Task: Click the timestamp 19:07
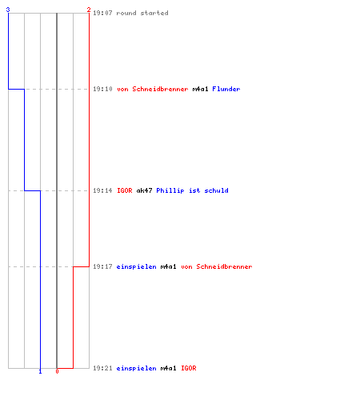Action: coord(102,13)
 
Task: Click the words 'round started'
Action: coord(142,13)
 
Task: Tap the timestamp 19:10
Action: coord(102,89)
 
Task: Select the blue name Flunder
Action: coord(226,89)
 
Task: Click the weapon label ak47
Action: coord(144,190)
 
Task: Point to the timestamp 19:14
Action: coord(102,190)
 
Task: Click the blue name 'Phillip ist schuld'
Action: coord(192,190)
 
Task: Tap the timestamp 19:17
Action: coord(102,266)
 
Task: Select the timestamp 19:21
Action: coord(102,368)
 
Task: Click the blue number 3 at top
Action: coord(8,10)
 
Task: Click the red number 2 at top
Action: coord(89,10)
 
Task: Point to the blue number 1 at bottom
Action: coord(40,371)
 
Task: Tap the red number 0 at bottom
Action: coord(57,371)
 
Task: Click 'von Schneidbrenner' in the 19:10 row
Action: coord(153,89)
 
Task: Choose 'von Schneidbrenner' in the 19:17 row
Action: coord(217,266)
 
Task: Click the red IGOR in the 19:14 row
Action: coord(125,190)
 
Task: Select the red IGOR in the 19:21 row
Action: coord(189,368)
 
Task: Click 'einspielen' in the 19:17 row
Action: coord(137,266)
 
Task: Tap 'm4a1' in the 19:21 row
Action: coord(168,368)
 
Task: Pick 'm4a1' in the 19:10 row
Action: coord(200,89)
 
